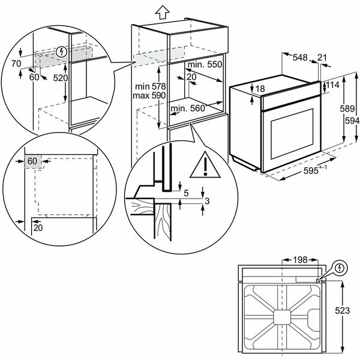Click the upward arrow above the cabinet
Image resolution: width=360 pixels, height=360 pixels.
click(x=161, y=11)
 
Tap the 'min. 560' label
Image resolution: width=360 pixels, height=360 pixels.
click(x=187, y=109)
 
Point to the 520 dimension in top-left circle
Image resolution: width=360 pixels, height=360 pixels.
click(x=59, y=78)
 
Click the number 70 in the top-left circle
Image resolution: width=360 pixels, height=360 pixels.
click(x=16, y=63)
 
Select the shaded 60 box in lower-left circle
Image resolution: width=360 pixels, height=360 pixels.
click(x=32, y=161)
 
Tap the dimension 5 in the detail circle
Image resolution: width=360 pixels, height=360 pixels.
click(x=187, y=193)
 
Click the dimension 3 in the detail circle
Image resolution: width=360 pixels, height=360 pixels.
click(x=206, y=200)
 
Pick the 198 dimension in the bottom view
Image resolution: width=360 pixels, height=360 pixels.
click(x=300, y=260)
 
